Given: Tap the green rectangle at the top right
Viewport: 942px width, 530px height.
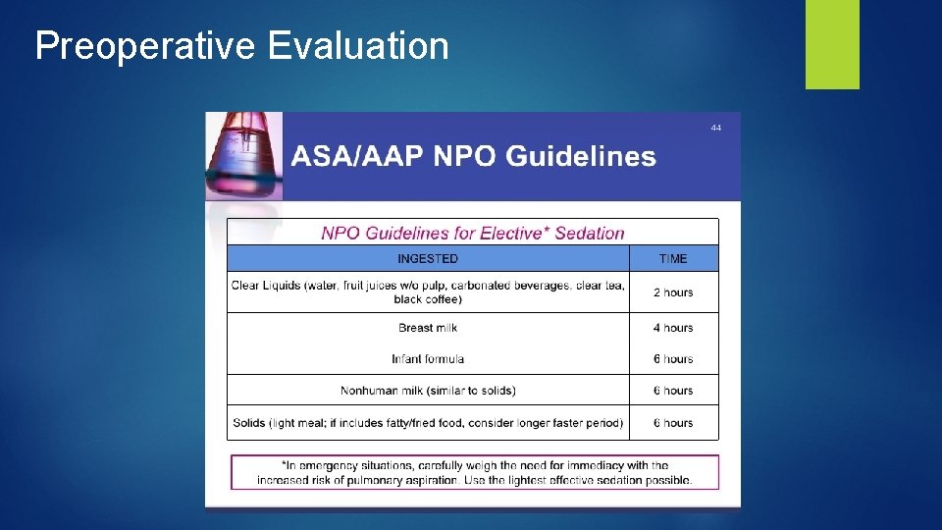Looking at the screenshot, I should click(x=832, y=43).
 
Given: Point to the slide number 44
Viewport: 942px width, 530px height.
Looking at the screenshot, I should click(x=716, y=128).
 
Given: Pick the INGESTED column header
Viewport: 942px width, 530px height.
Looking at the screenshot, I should click(x=428, y=259).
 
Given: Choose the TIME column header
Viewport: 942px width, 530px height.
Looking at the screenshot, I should click(x=673, y=259).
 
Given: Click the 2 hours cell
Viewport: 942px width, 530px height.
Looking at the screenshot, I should click(x=673, y=292).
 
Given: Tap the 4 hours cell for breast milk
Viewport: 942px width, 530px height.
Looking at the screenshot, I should click(x=673, y=328).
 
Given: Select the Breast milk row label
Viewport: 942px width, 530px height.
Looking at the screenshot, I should click(x=428, y=328).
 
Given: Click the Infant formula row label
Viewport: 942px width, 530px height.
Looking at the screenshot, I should click(x=428, y=359).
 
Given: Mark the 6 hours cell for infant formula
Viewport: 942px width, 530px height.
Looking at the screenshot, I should click(x=673, y=359).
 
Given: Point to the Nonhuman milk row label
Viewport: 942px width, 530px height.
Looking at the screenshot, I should click(x=428, y=391).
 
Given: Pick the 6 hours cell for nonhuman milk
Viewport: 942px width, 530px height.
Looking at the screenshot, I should click(x=673, y=391).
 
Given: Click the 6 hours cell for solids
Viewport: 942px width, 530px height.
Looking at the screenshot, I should click(x=673, y=423).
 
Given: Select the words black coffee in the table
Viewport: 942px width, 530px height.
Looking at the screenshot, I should click(x=428, y=299).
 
